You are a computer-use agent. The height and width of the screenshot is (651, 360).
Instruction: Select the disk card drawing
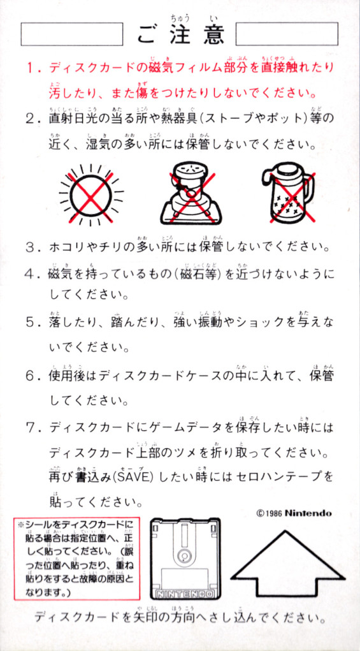(x=185, y=559)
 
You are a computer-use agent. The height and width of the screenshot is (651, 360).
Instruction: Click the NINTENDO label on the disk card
(x=185, y=594)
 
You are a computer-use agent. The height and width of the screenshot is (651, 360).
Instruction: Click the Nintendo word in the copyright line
(x=308, y=513)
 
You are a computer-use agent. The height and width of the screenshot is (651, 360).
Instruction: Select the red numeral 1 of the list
(x=31, y=68)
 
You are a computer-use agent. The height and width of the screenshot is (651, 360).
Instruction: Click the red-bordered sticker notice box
(x=76, y=559)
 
